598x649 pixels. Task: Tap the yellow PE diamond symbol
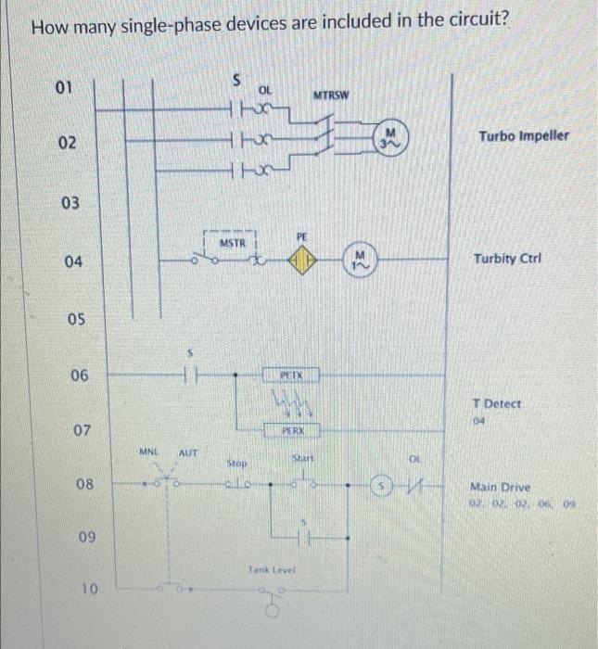300,261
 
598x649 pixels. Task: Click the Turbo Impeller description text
524,136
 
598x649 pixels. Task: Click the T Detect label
497,404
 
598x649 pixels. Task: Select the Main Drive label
502,486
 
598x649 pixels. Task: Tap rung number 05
75,319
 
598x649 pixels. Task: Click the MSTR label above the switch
232,243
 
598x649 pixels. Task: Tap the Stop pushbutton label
237,462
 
